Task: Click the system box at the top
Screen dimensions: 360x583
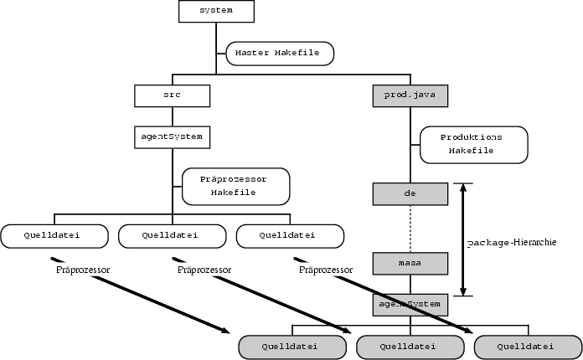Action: pyautogui.click(x=217, y=11)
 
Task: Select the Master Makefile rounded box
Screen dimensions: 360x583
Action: pyautogui.click(x=280, y=53)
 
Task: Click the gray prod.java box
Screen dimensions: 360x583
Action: pyautogui.click(x=410, y=96)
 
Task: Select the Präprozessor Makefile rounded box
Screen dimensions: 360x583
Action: pyautogui.click(x=235, y=186)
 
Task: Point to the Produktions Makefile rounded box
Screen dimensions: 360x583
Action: pyautogui.click(x=473, y=144)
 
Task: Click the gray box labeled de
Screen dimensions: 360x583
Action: pyautogui.click(x=410, y=194)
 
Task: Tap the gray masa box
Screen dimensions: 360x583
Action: pyautogui.click(x=410, y=264)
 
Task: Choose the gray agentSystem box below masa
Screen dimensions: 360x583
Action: pyautogui.click(x=410, y=305)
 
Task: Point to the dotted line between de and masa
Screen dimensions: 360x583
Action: pyautogui.click(x=410, y=229)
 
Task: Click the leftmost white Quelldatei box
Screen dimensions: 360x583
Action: pyautogui.click(x=55, y=236)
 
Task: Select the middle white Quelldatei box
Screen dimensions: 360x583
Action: pyautogui.click(x=172, y=236)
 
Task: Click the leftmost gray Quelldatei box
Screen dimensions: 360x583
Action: pyautogui.click(x=291, y=347)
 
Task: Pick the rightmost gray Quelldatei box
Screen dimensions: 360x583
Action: pyautogui.click(x=527, y=347)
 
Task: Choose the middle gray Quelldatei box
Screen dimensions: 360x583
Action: pyautogui.click(x=410, y=347)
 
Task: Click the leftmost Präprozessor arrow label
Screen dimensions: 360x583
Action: pyautogui.click(x=83, y=270)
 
